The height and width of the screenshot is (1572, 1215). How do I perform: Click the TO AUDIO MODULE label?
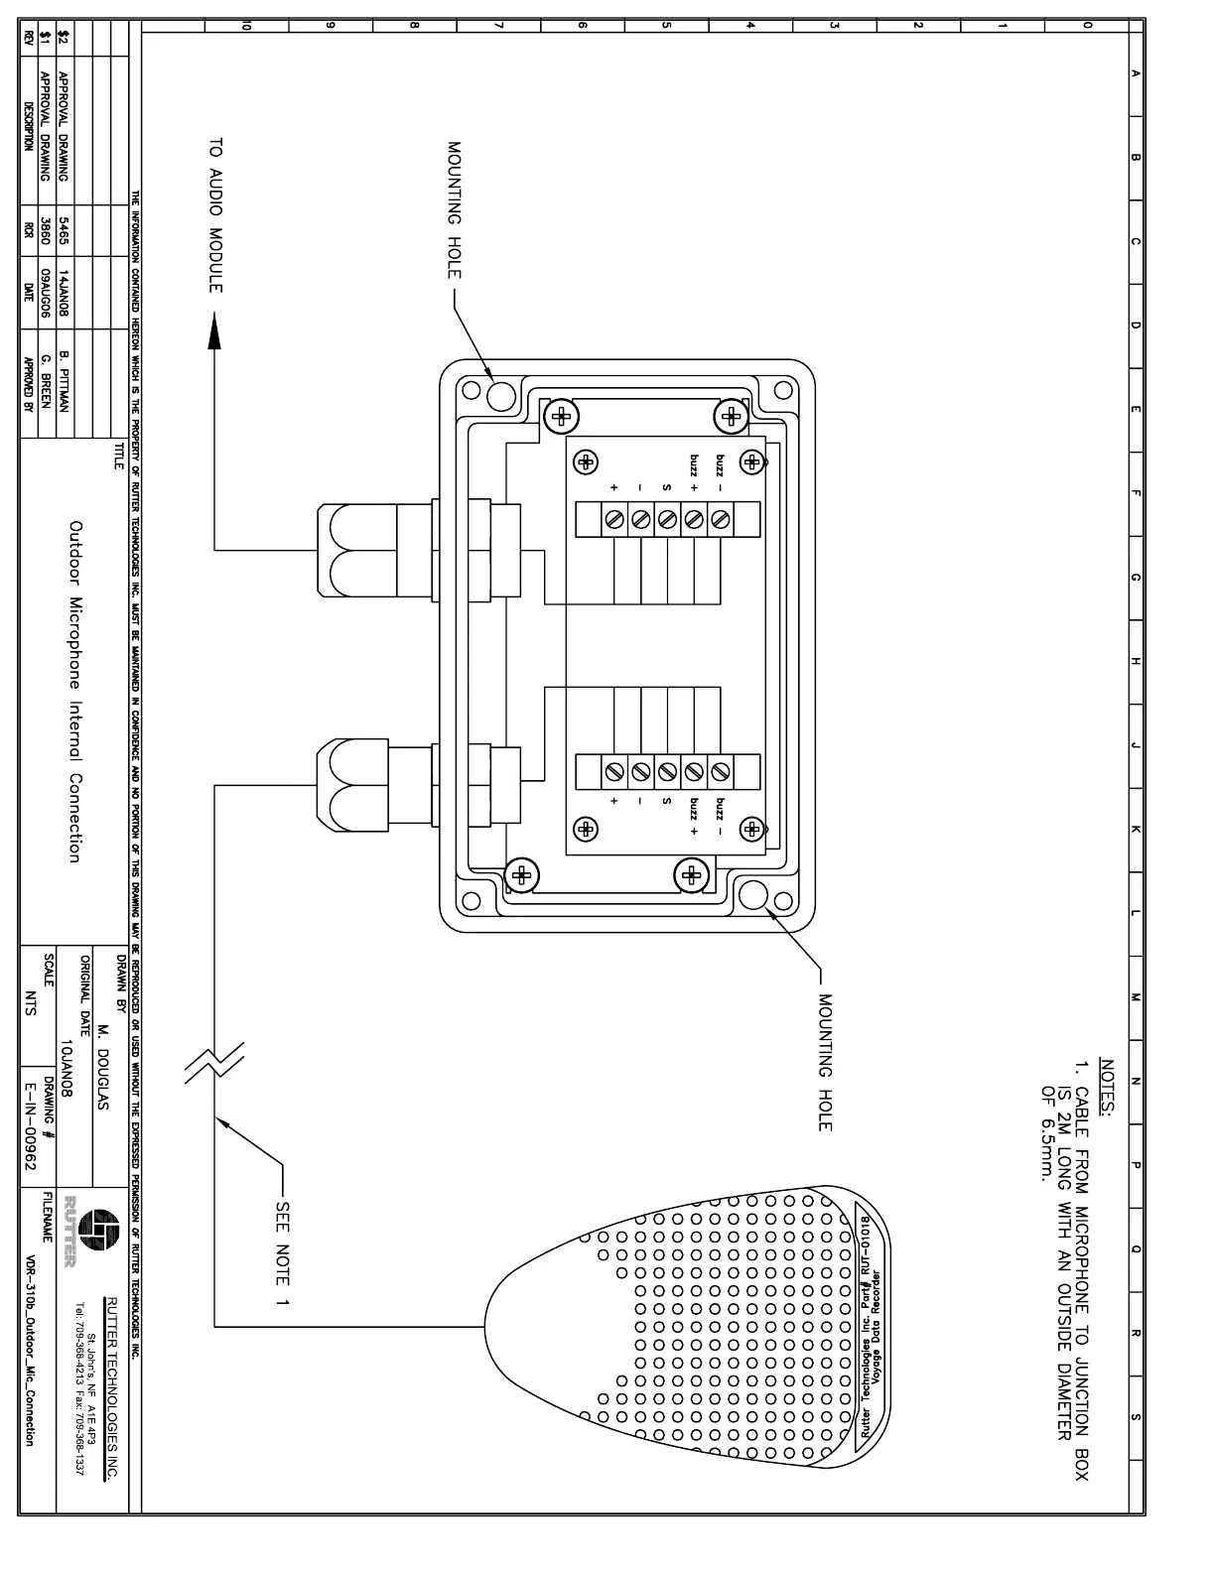pos(215,216)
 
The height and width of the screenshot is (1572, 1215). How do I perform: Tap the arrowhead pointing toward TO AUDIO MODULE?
pos(214,331)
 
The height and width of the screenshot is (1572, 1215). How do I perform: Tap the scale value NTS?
pos(30,1003)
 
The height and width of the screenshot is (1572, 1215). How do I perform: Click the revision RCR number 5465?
pos(64,231)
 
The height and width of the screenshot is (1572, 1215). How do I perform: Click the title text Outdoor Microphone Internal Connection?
pos(75,691)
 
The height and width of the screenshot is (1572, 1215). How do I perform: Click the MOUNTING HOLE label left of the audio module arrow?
pos(455,221)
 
